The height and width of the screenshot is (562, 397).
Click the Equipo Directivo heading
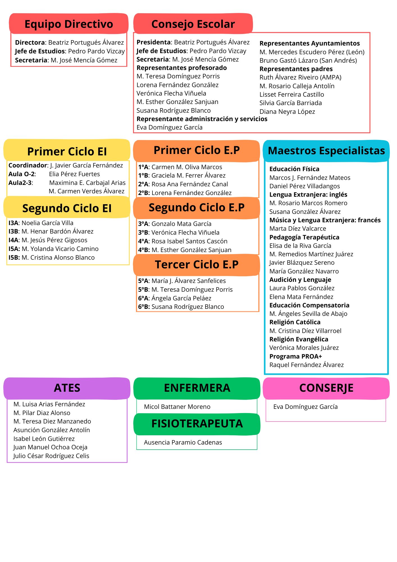click(69, 24)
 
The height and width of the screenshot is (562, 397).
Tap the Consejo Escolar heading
click(193, 24)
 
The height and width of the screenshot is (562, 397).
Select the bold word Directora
click(30, 42)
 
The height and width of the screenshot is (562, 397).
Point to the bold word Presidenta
click(154, 42)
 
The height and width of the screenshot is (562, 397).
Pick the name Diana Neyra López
click(287, 112)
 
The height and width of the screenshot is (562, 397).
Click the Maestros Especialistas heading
click(327, 151)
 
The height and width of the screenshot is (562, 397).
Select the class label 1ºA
click(143, 167)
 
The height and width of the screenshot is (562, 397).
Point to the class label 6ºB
click(144, 307)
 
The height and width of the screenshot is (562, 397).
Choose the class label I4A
click(13, 240)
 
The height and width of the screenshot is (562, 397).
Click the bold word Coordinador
click(28, 165)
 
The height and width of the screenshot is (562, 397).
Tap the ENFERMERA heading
click(197, 388)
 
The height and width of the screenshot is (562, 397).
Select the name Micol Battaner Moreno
click(177, 407)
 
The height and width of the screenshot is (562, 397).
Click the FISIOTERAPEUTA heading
click(197, 423)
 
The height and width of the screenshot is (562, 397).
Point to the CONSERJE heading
click(327, 388)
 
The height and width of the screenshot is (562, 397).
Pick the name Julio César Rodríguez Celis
click(51, 456)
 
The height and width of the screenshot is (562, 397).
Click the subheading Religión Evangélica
click(299, 339)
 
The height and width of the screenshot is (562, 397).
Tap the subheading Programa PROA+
click(296, 356)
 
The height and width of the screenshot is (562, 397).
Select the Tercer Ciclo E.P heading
click(197, 264)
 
